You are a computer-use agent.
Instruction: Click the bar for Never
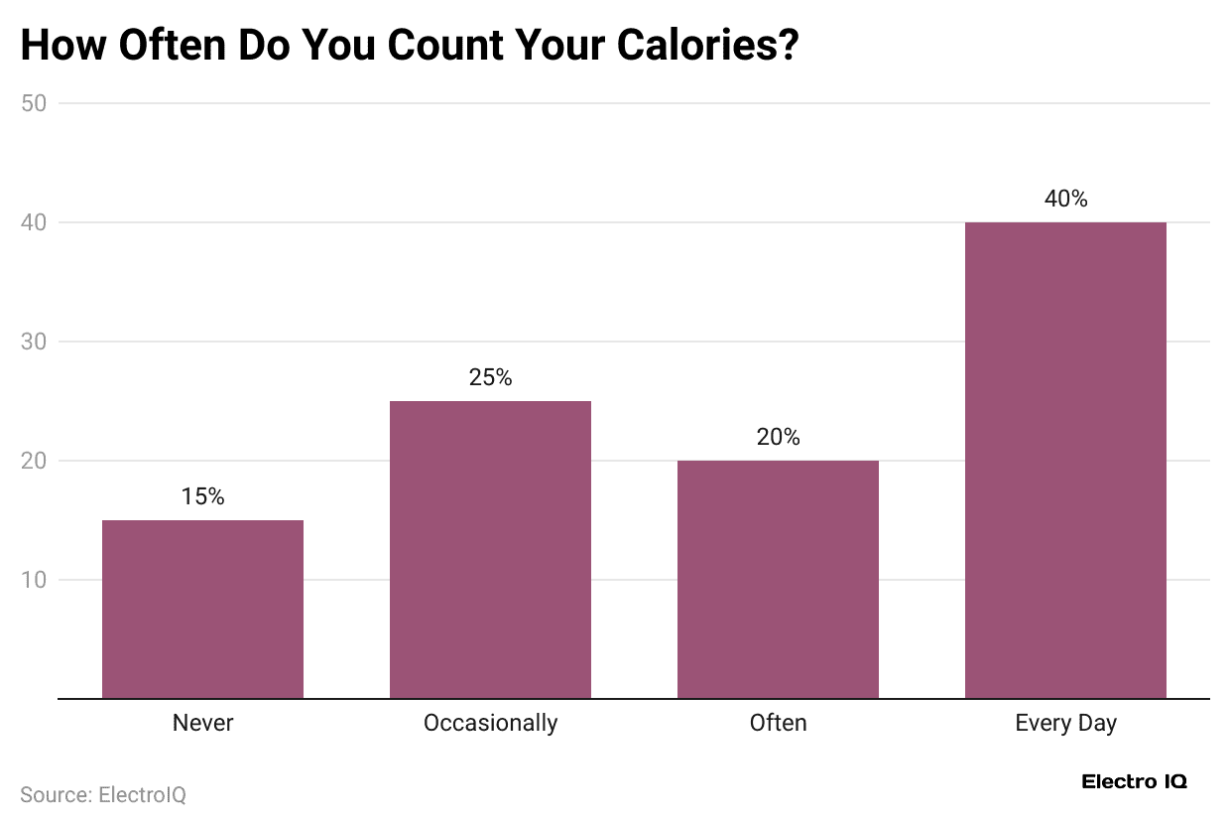[x=202, y=609]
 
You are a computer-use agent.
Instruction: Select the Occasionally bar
[x=490, y=549]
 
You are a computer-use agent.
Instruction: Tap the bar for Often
[x=778, y=579]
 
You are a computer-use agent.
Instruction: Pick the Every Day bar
[x=1065, y=460]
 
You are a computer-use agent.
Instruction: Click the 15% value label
[x=202, y=496]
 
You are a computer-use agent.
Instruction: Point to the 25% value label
[x=490, y=377]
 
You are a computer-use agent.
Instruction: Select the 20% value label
[x=778, y=437]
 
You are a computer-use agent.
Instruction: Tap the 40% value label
[x=1065, y=199]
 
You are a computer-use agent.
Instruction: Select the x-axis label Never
[x=202, y=723]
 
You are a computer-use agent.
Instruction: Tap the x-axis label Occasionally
[x=490, y=723]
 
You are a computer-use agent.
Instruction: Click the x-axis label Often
[x=778, y=723]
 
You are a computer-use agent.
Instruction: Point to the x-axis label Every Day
[x=1065, y=723]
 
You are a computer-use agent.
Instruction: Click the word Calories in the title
[x=690, y=46]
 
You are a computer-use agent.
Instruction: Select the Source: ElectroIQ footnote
[x=103, y=794]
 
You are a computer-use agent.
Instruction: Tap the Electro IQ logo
[x=1134, y=781]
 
